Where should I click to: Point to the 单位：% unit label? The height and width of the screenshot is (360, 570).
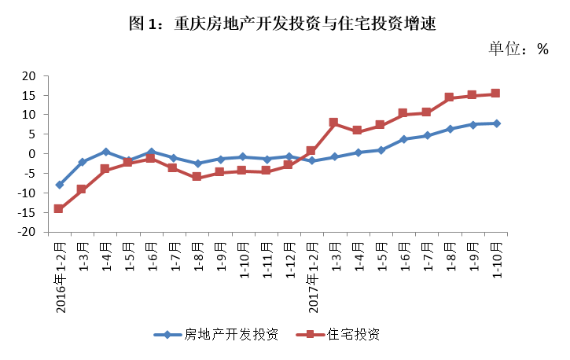click(x=518, y=49)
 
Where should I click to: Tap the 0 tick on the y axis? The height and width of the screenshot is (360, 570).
click(x=34, y=154)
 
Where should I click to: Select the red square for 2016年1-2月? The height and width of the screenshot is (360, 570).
click(x=59, y=208)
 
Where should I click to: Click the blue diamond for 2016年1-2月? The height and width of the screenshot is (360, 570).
click(x=59, y=185)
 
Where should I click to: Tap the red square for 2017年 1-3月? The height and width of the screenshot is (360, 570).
click(x=334, y=123)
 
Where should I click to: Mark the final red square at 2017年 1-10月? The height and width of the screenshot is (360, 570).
click(x=495, y=94)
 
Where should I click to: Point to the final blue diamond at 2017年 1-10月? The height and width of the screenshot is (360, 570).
click(x=495, y=123)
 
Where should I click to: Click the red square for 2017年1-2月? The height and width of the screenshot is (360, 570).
click(x=311, y=150)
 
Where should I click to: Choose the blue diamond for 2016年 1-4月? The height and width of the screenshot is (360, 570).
click(x=105, y=152)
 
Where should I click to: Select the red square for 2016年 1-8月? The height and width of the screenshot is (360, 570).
click(x=197, y=177)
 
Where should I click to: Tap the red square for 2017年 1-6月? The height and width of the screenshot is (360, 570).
click(x=403, y=113)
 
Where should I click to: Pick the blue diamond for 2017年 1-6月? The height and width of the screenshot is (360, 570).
click(x=403, y=139)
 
